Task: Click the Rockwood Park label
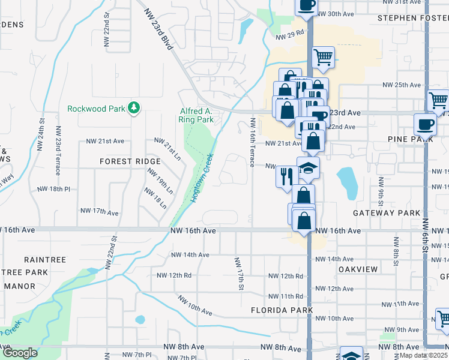pos(95,109)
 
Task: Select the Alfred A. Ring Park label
pos(196,115)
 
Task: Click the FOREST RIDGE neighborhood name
pos(130,161)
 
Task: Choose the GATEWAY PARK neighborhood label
pos(382,213)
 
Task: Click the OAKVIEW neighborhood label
pos(358,269)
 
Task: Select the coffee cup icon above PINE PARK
pos(426,124)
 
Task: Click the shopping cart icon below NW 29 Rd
pos(323,57)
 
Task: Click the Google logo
pos(19,353)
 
